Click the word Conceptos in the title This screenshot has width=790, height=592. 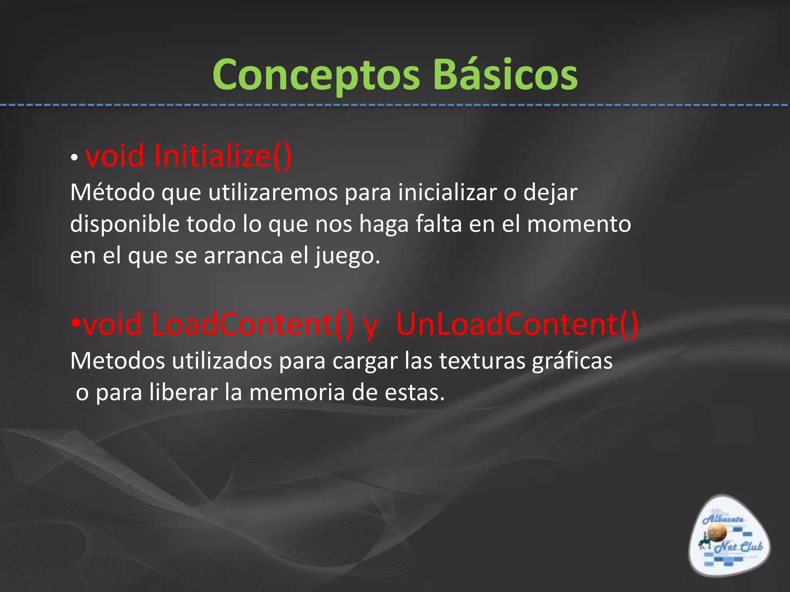pyautogui.click(x=316, y=75)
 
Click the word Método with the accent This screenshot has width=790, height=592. pyautogui.click(x=112, y=192)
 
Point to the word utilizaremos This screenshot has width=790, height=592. pyautogui.click(x=273, y=192)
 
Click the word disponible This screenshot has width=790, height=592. pyautogui.click(x=125, y=224)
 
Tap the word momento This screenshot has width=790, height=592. pyautogui.click(x=579, y=224)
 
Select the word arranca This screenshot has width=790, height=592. pyautogui.click(x=243, y=256)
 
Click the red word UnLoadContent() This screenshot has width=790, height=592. pyautogui.click(x=517, y=325)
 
